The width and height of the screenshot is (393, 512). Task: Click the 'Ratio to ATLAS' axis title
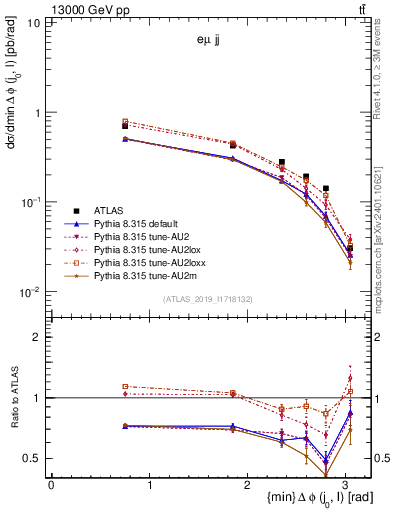click(13, 400)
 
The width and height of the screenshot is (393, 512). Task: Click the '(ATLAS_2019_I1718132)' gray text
click(212, 298)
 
